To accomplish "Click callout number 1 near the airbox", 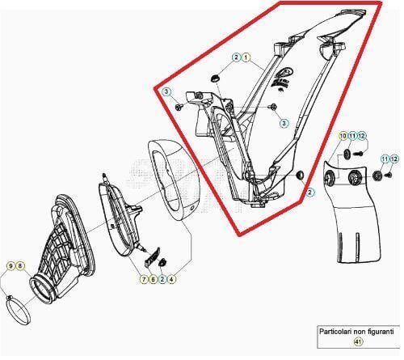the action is (x=246, y=57).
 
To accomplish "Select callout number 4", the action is (x=171, y=279).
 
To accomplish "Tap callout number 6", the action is (x=153, y=279).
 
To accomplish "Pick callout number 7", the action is (x=144, y=279).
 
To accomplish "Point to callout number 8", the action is (x=20, y=266).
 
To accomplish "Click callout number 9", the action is (x=11, y=266).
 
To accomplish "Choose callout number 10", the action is (x=343, y=136).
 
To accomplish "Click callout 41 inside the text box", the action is (x=358, y=342).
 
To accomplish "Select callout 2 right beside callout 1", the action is (x=236, y=57).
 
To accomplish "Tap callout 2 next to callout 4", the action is (x=162, y=279).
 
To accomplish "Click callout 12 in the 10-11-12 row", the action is (x=361, y=136).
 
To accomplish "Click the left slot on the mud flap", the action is (x=340, y=244).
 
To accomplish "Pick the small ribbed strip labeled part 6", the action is (x=153, y=257).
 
